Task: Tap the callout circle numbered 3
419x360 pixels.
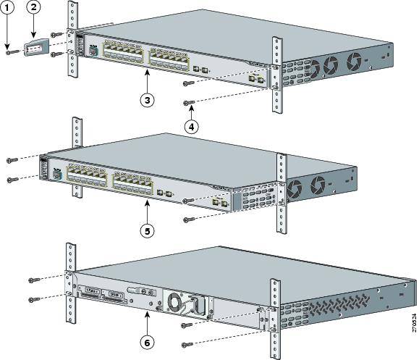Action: click(147, 100)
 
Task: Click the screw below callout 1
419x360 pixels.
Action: click(8, 51)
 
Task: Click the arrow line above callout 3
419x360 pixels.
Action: click(147, 80)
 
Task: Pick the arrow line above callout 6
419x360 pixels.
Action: click(148, 323)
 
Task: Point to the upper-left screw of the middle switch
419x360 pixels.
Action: click(9, 159)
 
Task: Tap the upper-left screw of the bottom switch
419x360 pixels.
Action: click(33, 280)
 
